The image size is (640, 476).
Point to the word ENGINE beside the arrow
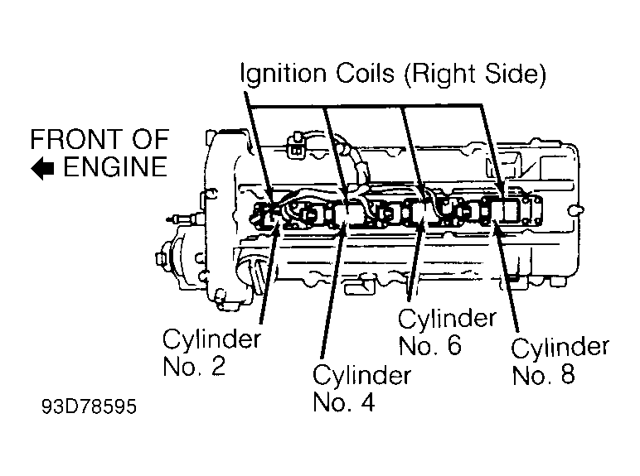pyautogui.click(x=115, y=168)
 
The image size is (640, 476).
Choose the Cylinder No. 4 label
pyautogui.click(x=361, y=387)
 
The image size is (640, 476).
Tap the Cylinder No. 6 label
pyautogui.click(x=447, y=331)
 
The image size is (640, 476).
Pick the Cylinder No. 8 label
pyautogui.click(x=560, y=360)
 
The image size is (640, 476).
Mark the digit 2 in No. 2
pyautogui.click(x=217, y=366)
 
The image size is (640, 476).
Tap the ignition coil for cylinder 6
pyautogui.click(x=422, y=213)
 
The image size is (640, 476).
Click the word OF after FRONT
pyautogui.click(x=149, y=138)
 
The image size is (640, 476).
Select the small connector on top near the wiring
pyautogui.click(x=294, y=150)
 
